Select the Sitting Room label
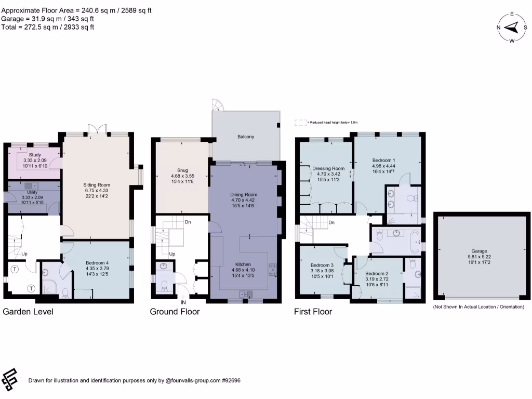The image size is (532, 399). click(x=97, y=184)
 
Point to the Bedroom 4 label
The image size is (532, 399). click(x=97, y=262)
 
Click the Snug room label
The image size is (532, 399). click(x=182, y=170)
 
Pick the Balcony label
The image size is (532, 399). click(x=246, y=137)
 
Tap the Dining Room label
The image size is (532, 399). click(x=244, y=195)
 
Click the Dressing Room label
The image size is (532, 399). click(x=328, y=168)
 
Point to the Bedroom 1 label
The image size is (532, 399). click(x=384, y=160)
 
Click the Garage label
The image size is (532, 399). click(x=480, y=251)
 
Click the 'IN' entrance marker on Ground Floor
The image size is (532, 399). click(x=183, y=302)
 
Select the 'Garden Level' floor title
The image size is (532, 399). click(x=28, y=312)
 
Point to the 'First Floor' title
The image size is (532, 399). click(x=313, y=312)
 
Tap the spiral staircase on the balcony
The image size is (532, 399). click(x=218, y=105)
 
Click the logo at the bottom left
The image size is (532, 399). click(x=10, y=380)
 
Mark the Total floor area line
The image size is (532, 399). click(x=47, y=27)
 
